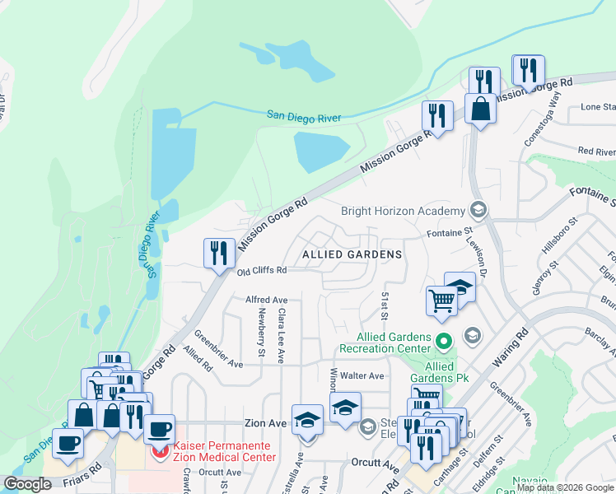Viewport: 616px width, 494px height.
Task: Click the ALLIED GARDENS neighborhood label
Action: [352, 255]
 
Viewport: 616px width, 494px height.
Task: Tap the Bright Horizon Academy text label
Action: [403, 211]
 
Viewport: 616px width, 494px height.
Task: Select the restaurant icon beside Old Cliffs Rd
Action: [217, 252]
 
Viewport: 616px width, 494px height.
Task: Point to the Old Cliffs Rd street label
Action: [261, 271]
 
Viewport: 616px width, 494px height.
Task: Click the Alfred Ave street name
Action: [266, 300]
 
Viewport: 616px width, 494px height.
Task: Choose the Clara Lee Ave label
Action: [281, 336]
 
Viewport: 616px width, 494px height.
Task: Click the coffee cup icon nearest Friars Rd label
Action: [68, 442]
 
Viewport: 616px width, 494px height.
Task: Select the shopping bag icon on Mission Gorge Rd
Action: [479, 108]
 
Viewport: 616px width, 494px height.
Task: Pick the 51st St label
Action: [384, 301]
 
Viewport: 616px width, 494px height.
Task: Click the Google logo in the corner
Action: [28, 484]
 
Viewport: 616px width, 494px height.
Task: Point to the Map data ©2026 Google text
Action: [564, 487]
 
